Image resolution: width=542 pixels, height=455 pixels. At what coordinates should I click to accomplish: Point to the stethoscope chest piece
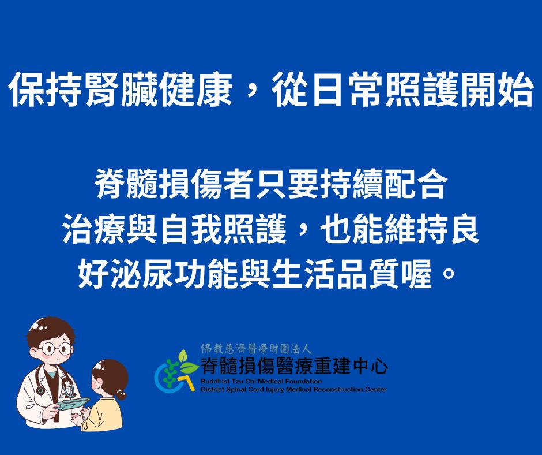pyautogui.click(x=40, y=390)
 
